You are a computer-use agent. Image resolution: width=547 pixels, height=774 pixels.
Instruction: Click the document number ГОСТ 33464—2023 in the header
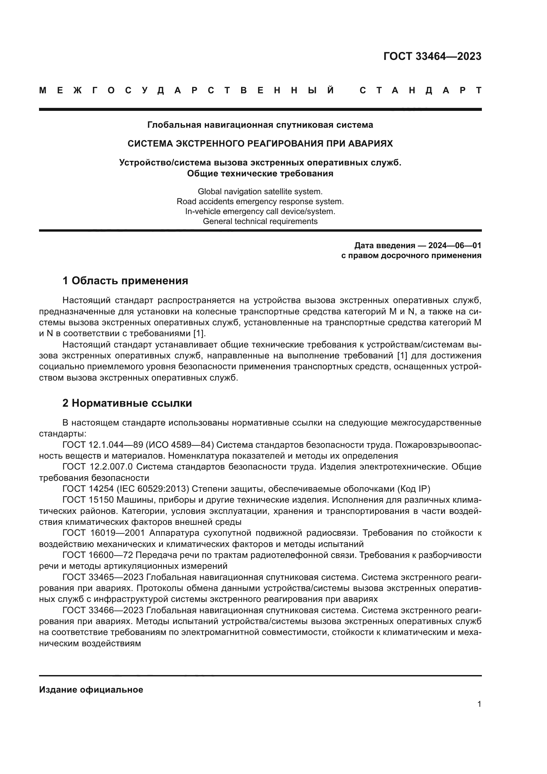(x=432, y=56)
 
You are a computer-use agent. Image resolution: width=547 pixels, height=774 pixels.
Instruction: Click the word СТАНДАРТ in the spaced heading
(x=420, y=91)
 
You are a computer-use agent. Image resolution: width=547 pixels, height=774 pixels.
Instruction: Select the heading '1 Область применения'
(x=125, y=281)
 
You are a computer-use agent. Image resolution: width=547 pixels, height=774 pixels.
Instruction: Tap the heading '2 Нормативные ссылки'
(x=127, y=403)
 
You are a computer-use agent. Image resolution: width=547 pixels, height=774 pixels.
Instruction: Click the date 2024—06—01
(x=455, y=246)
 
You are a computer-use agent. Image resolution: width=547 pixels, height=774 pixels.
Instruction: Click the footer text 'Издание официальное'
(x=91, y=690)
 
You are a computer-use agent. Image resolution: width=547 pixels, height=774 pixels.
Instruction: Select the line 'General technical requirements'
(x=260, y=221)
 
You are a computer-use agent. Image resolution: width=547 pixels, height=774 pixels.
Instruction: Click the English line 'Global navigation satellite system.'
(x=260, y=192)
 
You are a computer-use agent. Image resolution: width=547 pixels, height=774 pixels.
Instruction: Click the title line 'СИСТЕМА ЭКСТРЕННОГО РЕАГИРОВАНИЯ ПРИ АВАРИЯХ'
(x=260, y=144)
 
